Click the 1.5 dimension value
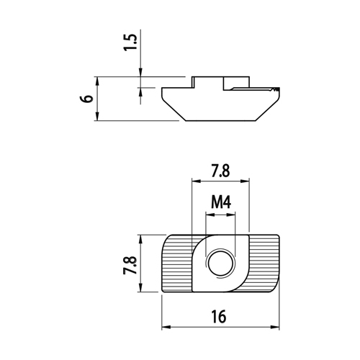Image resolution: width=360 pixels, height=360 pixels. [x=130, y=42]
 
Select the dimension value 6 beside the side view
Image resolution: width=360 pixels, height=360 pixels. [x=86, y=99]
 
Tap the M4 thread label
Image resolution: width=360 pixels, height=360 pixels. [x=221, y=202]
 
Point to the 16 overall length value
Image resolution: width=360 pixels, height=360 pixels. [x=219, y=316]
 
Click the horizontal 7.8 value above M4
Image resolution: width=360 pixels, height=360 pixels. [x=220, y=171]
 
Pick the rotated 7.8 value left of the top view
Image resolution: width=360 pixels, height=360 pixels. [x=130, y=265]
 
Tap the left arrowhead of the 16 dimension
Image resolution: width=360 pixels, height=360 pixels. [x=166, y=327]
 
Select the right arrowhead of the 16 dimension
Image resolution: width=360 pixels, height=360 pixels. [x=275, y=327]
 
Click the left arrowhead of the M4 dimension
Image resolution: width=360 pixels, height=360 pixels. [x=210, y=215]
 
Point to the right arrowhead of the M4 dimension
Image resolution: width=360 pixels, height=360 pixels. [x=231, y=215]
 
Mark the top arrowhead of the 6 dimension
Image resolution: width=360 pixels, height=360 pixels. [x=97, y=81]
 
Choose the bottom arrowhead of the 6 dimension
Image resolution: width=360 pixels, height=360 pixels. [x=97, y=117]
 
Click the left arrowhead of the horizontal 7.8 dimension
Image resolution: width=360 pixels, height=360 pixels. [x=197, y=181]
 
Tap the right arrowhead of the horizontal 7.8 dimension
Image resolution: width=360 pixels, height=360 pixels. [x=245, y=181]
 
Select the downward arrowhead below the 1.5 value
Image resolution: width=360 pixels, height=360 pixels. [x=140, y=73]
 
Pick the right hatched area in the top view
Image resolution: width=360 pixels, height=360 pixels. [x=264, y=264]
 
